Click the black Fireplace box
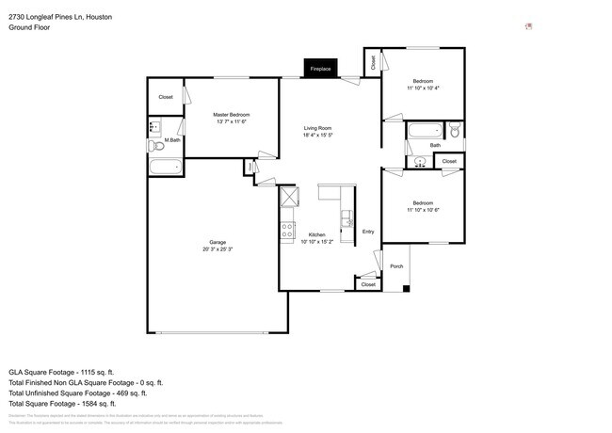(321, 69)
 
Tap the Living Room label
(318, 130)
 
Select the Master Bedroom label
(231, 115)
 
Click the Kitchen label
(317, 234)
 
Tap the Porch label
(396, 266)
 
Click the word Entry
(367, 232)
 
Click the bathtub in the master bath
(165, 168)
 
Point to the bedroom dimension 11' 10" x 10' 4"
(423, 88)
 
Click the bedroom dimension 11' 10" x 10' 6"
(423, 210)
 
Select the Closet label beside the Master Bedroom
(166, 97)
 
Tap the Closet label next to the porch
(368, 283)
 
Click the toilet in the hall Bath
(454, 132)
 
